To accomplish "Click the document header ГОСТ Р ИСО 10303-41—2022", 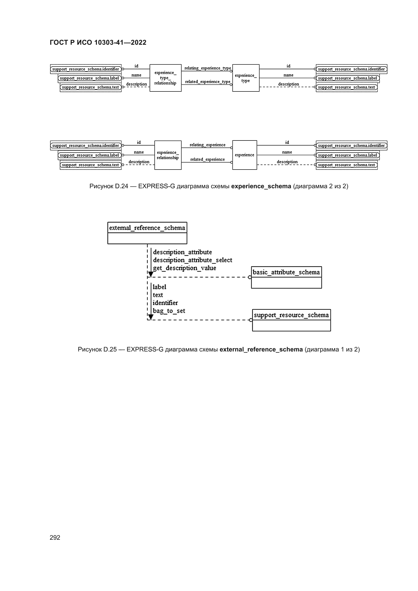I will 98,42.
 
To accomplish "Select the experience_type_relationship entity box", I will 165,78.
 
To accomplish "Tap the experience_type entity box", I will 246,78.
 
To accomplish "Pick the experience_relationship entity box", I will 168,155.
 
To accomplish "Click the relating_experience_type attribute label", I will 207,68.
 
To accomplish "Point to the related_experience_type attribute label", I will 207,82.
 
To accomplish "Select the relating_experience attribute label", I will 207,145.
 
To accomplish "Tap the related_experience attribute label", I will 207,159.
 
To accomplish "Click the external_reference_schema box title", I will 147,228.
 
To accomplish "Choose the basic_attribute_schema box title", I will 286,272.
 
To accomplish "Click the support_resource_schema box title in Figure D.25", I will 291,315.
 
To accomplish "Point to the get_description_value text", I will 184,268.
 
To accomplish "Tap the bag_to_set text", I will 169,311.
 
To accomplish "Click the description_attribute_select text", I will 193,260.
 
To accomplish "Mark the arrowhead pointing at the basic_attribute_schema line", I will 151,274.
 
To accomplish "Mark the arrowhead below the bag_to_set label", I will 151,317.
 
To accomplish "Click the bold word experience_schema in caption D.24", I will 261,186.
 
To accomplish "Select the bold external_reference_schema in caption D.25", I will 261,349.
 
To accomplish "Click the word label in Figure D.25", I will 159,287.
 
